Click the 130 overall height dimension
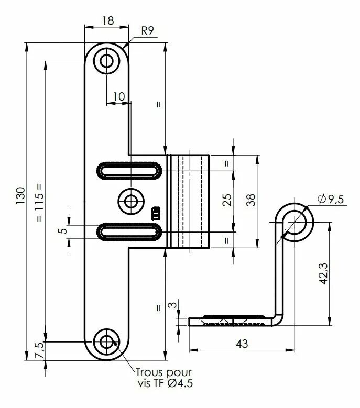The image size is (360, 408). coord(20,195)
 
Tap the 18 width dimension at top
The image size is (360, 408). coord(108,20)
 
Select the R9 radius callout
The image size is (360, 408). coord(148,31)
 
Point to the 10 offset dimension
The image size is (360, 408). coord(119,96)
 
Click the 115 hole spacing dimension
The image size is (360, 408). coord(39,203)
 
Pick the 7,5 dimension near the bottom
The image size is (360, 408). coord(39,350)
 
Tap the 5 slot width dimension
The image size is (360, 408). coord(63,231)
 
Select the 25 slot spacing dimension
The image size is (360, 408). coord(227,200)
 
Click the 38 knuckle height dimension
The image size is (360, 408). coord(251,200)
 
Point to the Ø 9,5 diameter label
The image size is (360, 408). coord(331,200)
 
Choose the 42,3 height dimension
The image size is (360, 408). coord(324,273)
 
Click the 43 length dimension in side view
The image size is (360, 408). coord(242,344)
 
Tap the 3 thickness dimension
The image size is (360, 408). coord(173,305)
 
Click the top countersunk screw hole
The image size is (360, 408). coord(106,61)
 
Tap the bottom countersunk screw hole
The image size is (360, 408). coord(106,341)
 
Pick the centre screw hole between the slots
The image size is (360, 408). coord(130,201)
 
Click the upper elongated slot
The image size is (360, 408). coord(129,171)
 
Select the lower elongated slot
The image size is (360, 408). coord(129,231)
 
